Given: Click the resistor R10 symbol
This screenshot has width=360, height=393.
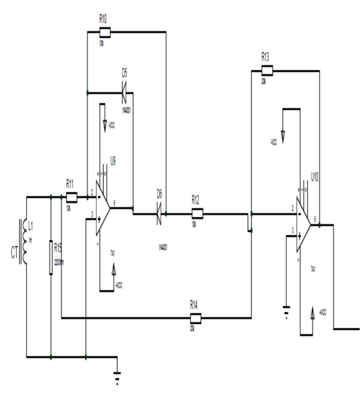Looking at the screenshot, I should [x=105, y=33].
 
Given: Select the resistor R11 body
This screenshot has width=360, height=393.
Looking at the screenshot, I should [x=71, y=197].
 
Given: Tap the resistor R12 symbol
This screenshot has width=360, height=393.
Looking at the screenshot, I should [x=197, y=214].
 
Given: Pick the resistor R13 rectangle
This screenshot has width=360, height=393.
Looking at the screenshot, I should [x=267, y=71].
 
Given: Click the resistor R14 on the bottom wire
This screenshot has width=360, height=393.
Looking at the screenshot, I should [x=195, y=318].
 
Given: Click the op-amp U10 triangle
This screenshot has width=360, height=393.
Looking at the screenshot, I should [x=303, y=225].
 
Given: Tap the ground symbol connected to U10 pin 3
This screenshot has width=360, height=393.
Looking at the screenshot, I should [x=286, y=311].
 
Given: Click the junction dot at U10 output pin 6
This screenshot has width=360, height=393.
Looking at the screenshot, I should [x=320, y=225].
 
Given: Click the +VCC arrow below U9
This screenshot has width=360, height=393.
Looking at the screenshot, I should [x=114, y=270].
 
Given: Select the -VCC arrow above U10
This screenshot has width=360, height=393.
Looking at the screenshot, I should [x=283, y=136].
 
